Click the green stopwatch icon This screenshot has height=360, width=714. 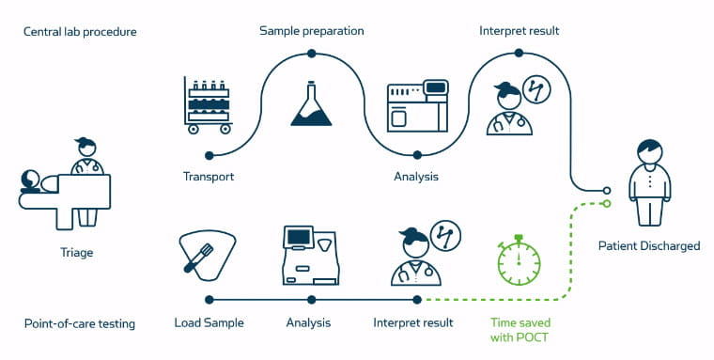(519, 260)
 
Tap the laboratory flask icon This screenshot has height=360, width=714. (312, 104)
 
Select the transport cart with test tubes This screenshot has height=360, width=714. (209, 105)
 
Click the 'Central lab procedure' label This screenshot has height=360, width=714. (80, 32)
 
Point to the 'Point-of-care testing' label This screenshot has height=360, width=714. (80, 324)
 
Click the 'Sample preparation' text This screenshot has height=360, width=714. (312, 31)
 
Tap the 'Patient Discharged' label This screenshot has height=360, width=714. (649, 246)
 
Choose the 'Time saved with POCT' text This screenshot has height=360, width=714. (520, 330)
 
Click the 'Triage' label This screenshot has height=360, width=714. (77, 253)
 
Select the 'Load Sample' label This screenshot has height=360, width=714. (209, 323)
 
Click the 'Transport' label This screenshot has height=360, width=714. (209, 177)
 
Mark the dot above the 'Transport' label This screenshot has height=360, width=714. (210, 156)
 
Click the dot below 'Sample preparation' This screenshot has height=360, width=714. (312, 54)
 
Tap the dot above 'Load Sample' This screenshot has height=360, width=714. (210, 300)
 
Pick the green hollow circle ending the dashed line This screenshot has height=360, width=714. (606, 204)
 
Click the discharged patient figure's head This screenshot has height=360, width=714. (650, 150)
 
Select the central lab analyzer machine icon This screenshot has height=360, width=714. (417, 106)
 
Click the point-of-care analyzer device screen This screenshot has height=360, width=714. (299, 237)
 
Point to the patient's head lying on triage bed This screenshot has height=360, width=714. (30, 180)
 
